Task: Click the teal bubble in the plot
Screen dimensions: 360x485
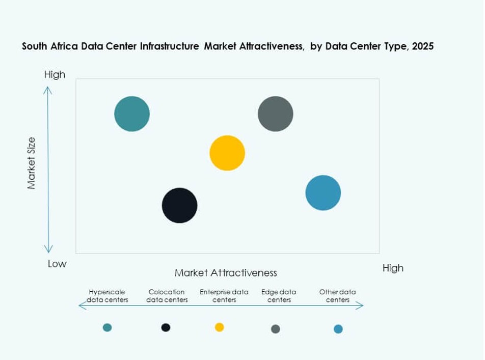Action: [132, 114]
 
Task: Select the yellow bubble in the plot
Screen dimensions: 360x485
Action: [227, 153]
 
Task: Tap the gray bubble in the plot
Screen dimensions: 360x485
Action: [276, 114]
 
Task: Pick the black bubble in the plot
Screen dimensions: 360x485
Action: [179, 205]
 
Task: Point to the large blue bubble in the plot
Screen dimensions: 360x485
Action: [323, 192]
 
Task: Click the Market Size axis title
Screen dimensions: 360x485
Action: [32, 163]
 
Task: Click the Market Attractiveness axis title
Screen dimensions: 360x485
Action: [226, 273]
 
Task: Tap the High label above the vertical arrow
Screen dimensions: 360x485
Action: [55, 74]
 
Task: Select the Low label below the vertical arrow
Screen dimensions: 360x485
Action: [57, 264]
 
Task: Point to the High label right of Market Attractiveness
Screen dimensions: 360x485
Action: [393, 268]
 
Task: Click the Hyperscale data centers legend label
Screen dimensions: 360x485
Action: [107, 296]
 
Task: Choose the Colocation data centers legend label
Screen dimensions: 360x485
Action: [167, 296]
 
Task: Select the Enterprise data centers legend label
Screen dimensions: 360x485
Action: [224, 296]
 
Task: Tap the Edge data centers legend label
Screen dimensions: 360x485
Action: [279, 296]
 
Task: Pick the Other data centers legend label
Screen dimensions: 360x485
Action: [338, 296]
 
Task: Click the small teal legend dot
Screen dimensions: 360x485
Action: [107, 327]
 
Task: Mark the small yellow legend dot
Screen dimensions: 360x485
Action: [220, 327]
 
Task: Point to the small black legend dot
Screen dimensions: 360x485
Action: [166, 327]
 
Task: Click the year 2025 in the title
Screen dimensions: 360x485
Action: [423, 46]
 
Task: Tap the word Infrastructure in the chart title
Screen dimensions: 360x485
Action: [170, 46]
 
